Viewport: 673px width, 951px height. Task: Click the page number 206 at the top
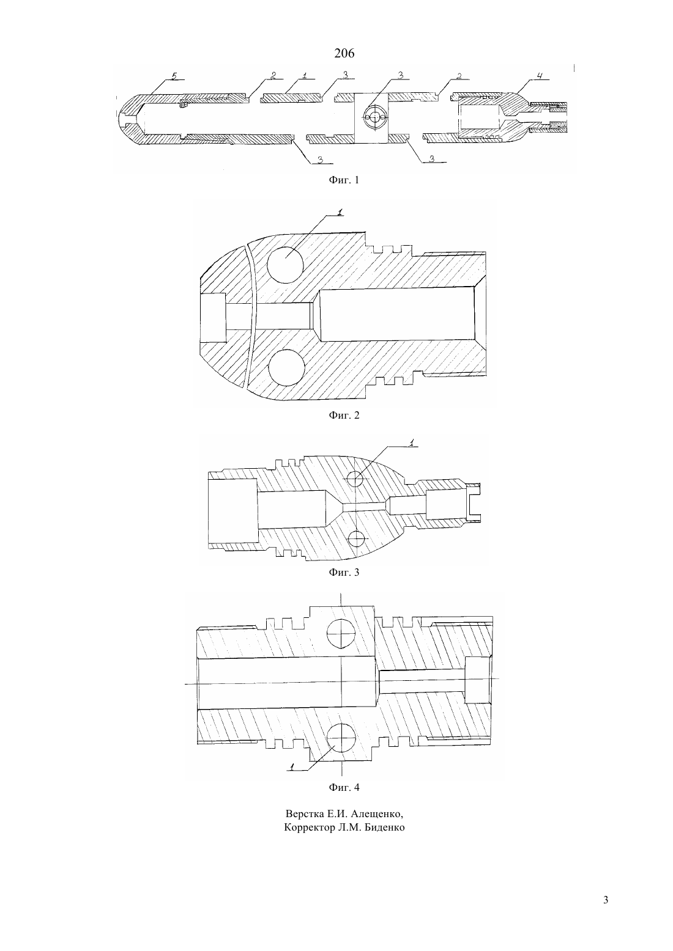pos(344,53)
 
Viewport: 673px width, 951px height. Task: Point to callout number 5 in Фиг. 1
pos(173,76)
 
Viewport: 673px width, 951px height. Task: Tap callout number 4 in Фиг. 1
pos(539,76)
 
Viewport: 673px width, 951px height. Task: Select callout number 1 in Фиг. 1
pos(305,76)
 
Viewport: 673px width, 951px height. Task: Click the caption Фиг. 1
pos(344,180)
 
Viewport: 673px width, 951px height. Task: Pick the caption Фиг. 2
pos(344,415)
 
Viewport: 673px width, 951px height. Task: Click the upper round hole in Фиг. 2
pos(285,265)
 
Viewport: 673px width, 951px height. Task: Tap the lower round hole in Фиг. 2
pos(286,368)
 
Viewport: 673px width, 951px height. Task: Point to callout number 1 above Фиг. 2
pos(340,212)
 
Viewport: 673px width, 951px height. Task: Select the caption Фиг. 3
pos(344,572)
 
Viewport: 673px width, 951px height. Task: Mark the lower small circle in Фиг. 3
pos(356,539)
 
